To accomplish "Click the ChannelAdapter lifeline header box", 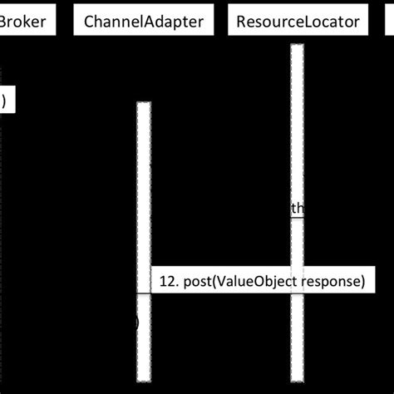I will click(144, 22).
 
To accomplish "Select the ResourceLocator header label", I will click(297, 22).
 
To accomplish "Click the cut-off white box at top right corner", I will click(388, 22).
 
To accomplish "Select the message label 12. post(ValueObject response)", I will click(261, 281).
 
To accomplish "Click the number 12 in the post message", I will click(166, 281).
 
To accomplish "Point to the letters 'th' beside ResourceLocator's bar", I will click(296, 209).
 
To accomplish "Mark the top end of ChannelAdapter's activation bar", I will click(144, 104).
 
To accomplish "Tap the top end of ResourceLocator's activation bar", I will click(297, 45).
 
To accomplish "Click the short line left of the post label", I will click(143, 293).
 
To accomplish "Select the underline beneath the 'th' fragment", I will click(296, 218).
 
